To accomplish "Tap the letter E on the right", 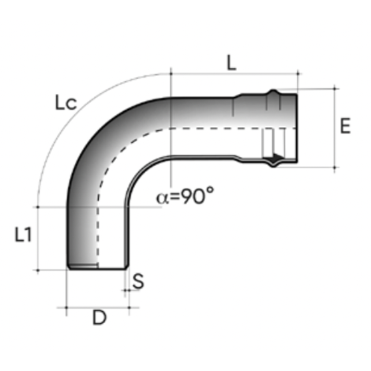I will [344, 126].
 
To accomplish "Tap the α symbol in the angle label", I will [163, 197].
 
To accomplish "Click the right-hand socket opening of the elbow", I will [296, 128].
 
